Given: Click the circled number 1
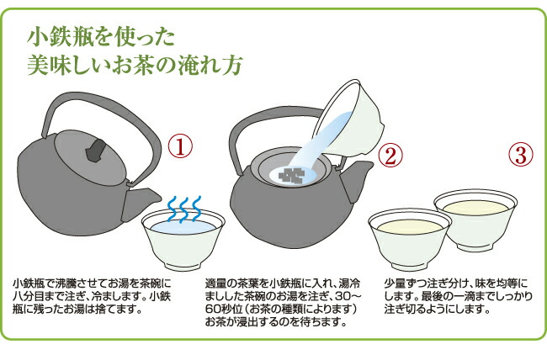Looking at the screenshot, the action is [180, 146].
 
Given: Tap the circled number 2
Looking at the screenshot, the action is [390, 156].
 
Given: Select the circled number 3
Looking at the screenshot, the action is [520, 154].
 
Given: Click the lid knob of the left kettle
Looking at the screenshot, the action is [95, 151].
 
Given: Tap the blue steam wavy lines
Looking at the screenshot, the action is [183, 209].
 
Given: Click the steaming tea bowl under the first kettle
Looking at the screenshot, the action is [183, 240].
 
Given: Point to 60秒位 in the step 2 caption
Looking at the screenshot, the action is [222, 309].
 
